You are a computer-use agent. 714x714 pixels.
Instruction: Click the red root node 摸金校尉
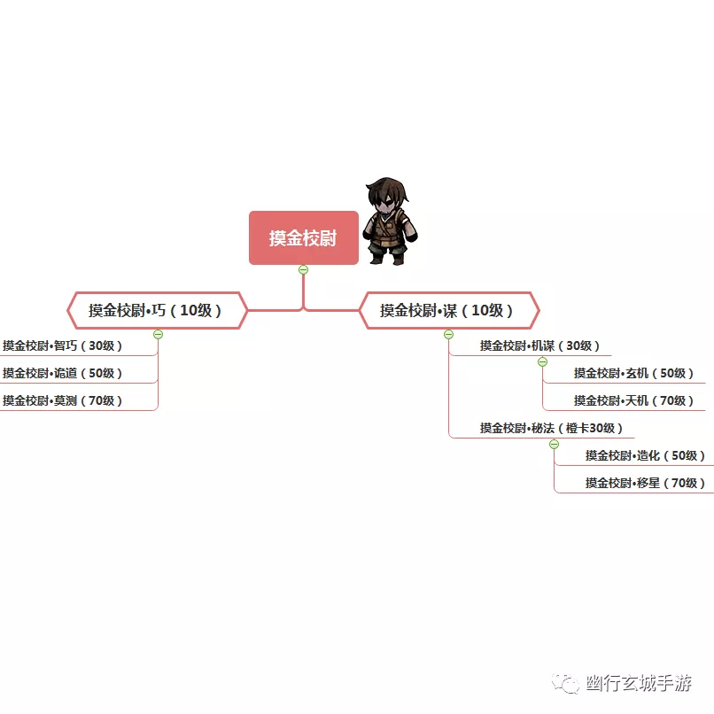pos(304,237)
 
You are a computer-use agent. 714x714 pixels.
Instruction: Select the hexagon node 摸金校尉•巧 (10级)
pos(157,310)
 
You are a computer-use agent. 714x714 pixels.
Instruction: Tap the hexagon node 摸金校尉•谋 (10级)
pos(449,310)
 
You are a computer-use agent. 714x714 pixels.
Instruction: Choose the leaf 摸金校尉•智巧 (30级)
pos(62,345)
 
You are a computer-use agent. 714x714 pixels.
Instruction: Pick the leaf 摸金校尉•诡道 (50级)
pos(62,373)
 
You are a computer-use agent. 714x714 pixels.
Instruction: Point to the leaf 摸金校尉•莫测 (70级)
pos(62,400)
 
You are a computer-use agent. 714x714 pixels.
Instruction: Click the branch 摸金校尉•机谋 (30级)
pos(539,345)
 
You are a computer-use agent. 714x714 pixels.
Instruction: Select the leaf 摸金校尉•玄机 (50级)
pos(633,373)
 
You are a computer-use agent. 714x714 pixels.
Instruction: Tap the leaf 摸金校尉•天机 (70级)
pos(633,400)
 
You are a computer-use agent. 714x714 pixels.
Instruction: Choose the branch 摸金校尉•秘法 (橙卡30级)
pos(551,428)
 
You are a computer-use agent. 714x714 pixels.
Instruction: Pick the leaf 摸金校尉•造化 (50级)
pos(645,455)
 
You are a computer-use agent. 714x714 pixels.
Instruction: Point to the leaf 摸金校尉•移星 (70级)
pos(645,483)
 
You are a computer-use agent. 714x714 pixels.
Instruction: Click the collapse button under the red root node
pos(303,269)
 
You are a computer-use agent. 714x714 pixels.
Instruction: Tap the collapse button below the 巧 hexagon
pos(158,334)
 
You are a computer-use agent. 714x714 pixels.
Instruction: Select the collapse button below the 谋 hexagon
pos(448,334)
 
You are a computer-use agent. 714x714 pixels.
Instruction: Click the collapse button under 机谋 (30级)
pos(542,362)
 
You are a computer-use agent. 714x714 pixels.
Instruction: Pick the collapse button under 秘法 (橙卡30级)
pos(554,444)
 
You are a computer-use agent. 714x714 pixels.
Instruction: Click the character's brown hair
pos(387,188)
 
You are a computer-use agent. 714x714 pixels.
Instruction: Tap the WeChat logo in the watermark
pos(565,683)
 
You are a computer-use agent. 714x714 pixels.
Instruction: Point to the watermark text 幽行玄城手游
pos(639,683)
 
